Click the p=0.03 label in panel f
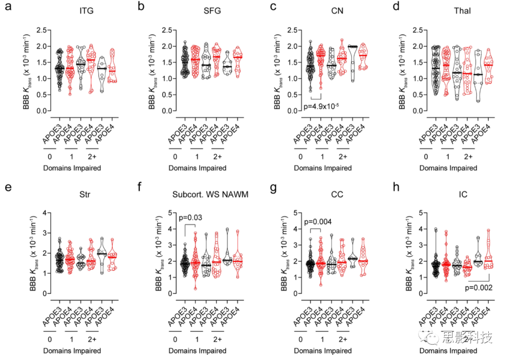coord(191,218)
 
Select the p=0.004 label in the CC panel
coord(319,222)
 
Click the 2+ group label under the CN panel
coord(343,156)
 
